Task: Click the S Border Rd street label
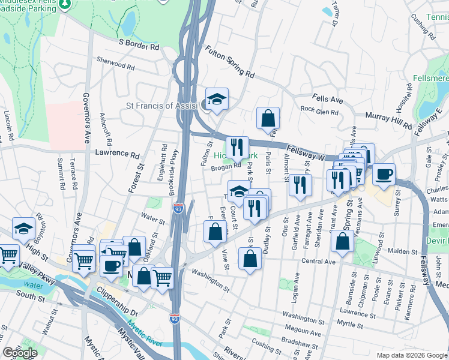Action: click(x=139, y=44)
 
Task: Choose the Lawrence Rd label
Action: click(x=116, y=153)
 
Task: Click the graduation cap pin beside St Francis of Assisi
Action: click(x=217, y=98)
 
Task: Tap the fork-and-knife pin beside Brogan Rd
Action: click(x=238, y=146)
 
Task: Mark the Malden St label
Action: click(x=405, y=253)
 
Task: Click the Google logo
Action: click(x=20, y=353)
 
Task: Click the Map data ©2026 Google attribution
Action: click(x=412, y=355)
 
